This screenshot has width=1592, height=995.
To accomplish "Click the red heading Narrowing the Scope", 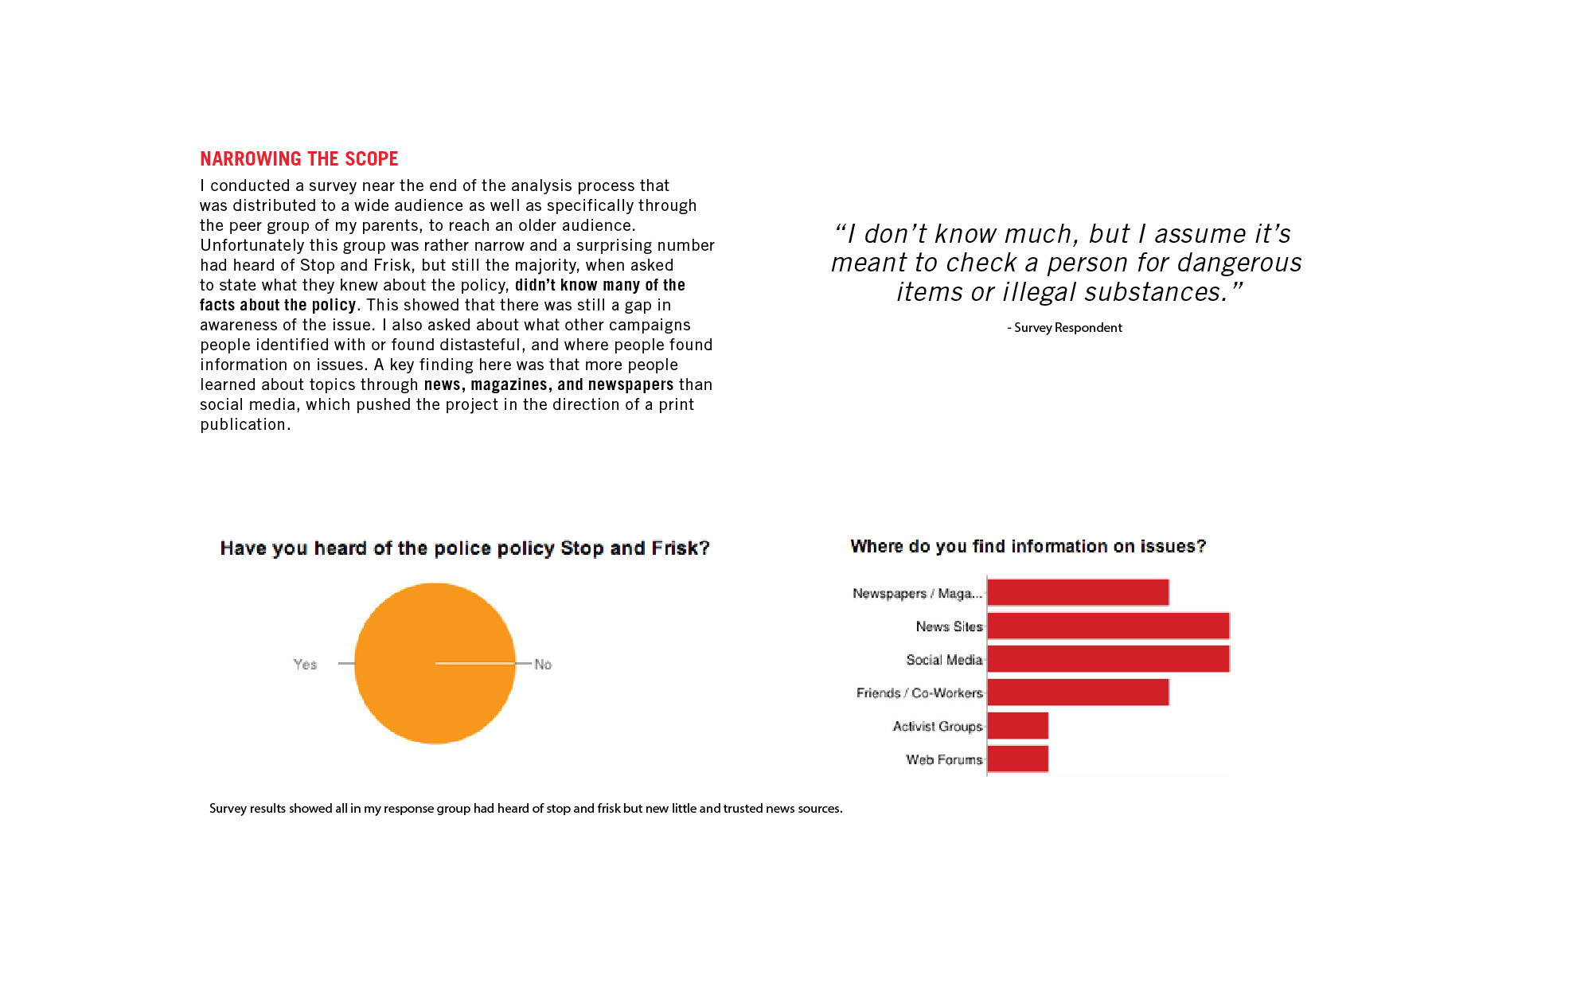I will pos(298,159).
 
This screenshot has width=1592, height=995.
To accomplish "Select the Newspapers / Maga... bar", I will pos(1078,593).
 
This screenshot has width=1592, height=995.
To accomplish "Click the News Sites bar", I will pos(1108,626).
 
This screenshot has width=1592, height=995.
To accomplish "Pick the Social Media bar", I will pos(1108,659).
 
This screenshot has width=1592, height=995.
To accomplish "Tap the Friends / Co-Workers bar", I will pos(1078,693).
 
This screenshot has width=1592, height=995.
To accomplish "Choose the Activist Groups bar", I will pos(1017,726).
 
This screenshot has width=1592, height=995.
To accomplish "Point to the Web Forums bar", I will pos(1017,759).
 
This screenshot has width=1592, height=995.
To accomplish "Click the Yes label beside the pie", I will pos(305,664).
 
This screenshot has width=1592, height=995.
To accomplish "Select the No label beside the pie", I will pos(543,664).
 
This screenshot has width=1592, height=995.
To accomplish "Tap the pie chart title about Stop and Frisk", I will pos(464,548).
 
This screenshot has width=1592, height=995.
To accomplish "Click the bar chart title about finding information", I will pos(1028,547).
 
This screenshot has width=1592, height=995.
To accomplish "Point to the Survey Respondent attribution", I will pos(1065,328).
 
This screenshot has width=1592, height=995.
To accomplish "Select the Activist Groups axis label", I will pos(937,726).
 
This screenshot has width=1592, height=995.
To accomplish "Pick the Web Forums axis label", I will pos(944,759).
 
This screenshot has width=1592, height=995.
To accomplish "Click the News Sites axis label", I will pos(949,626).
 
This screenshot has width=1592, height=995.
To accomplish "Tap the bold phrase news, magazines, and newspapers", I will pos(548,384).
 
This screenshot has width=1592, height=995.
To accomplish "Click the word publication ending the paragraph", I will pos(243,424).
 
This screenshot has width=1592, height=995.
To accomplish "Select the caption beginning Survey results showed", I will pos(525,809).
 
